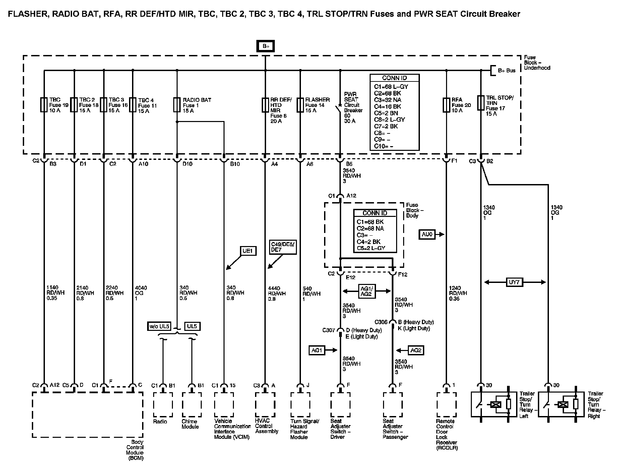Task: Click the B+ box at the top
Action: [x=266, y=46]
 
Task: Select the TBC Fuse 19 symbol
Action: [x=44, y=105]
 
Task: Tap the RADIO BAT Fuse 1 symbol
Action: [x=177, y=105]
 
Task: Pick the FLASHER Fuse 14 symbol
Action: [x=300, y=105]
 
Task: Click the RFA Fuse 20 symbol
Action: [x=446, y=105]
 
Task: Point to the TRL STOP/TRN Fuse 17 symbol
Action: [x=481, y=103]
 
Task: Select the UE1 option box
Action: [x=248, y=251]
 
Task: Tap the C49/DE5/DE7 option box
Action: [x=283, y=247]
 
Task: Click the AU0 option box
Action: [x=427, y=234]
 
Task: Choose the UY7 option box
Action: [x=514, y=282]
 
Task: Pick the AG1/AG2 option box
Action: [x=367, y=291]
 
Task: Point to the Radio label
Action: [x=160, y=421]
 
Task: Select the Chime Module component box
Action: [x=192, y=405]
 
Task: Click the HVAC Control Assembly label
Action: [x=267, y=426]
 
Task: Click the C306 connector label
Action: [x=381, y=322]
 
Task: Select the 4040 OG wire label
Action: [x=141, y=293]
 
